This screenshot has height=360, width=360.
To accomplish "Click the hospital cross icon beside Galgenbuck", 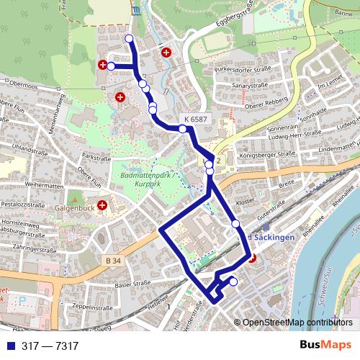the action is [x=103, y=206].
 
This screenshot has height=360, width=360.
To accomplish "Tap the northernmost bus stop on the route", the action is [x=129, y=38].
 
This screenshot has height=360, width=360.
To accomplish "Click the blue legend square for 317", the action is [x=6, y=346].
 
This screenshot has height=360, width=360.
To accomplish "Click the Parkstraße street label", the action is [x=99, y=155].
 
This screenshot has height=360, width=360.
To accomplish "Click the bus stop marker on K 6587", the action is [x=183, y=129].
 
